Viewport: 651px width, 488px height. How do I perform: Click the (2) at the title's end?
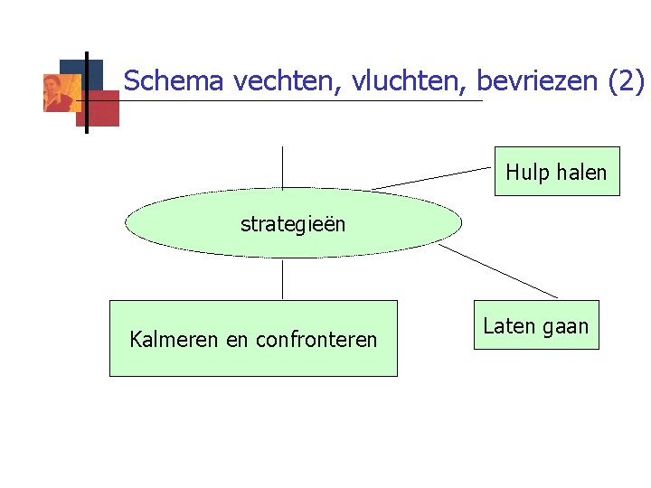point(626,81)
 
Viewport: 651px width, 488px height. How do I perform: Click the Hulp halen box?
point(556,172)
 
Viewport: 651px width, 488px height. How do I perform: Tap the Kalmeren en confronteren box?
point(253,338)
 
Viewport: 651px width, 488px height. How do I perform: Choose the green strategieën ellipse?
point(292,223)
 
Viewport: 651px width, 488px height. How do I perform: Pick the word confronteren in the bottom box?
point(316,340)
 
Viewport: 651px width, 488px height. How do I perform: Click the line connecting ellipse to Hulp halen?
point(432,178)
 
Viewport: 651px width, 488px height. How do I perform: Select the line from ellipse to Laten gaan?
point(498,270)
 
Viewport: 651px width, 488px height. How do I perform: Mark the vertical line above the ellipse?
point(283,166)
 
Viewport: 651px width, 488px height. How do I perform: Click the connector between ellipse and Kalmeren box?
point(283,279)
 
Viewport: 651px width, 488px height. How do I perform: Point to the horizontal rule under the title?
point(298,100)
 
